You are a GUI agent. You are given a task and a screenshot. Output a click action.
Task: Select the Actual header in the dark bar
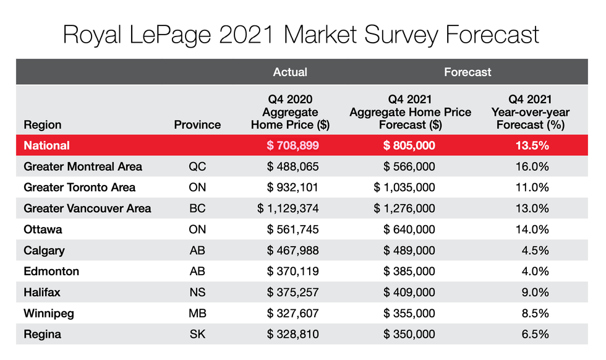pyautogui.click(x=290, y=72)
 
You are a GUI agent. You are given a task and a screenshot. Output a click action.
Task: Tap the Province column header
pyautogui.click(x=197, y=124)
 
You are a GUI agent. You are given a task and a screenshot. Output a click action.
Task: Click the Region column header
pyautogui.click(x=43, y=124)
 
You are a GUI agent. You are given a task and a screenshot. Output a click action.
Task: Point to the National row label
pyautogui.click(x=47, y=146)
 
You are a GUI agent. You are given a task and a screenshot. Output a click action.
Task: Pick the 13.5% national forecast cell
pyautogui.click(x=530, y=146)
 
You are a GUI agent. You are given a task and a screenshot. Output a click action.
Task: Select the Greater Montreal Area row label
pyautogui.click(x=83, y=166)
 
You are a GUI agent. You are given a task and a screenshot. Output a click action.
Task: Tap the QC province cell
pyautogui.click(x=197, y=166)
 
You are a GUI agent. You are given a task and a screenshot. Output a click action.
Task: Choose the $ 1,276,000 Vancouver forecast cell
pyautogui.click(x=405, y=208)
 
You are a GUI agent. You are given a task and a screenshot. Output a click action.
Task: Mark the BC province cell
pyautogui.click(x=197, y=208)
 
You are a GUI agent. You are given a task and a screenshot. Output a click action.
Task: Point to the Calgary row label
pyautogui.click(x=44, y=251)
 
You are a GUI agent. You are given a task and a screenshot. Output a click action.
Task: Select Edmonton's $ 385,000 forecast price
pyautogui.click(x=409, y=272)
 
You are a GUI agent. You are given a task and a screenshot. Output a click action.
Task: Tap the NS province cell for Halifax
pyautogui.click(x=197, y=293)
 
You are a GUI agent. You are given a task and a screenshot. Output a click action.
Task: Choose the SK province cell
pyautogui.click(x=197, y=335)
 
